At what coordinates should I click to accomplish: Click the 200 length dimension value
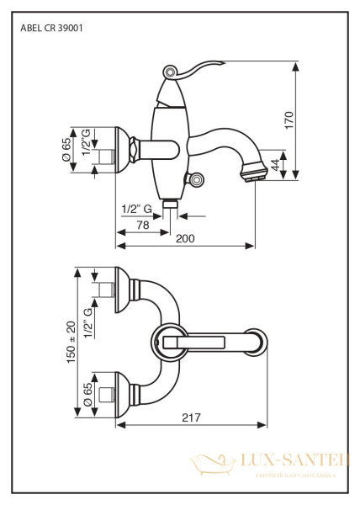coord(185,239)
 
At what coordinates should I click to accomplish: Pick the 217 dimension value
coord(193,417)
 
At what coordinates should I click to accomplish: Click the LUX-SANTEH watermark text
coord(286,460)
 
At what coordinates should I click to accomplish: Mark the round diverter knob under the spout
coord(197,178)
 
